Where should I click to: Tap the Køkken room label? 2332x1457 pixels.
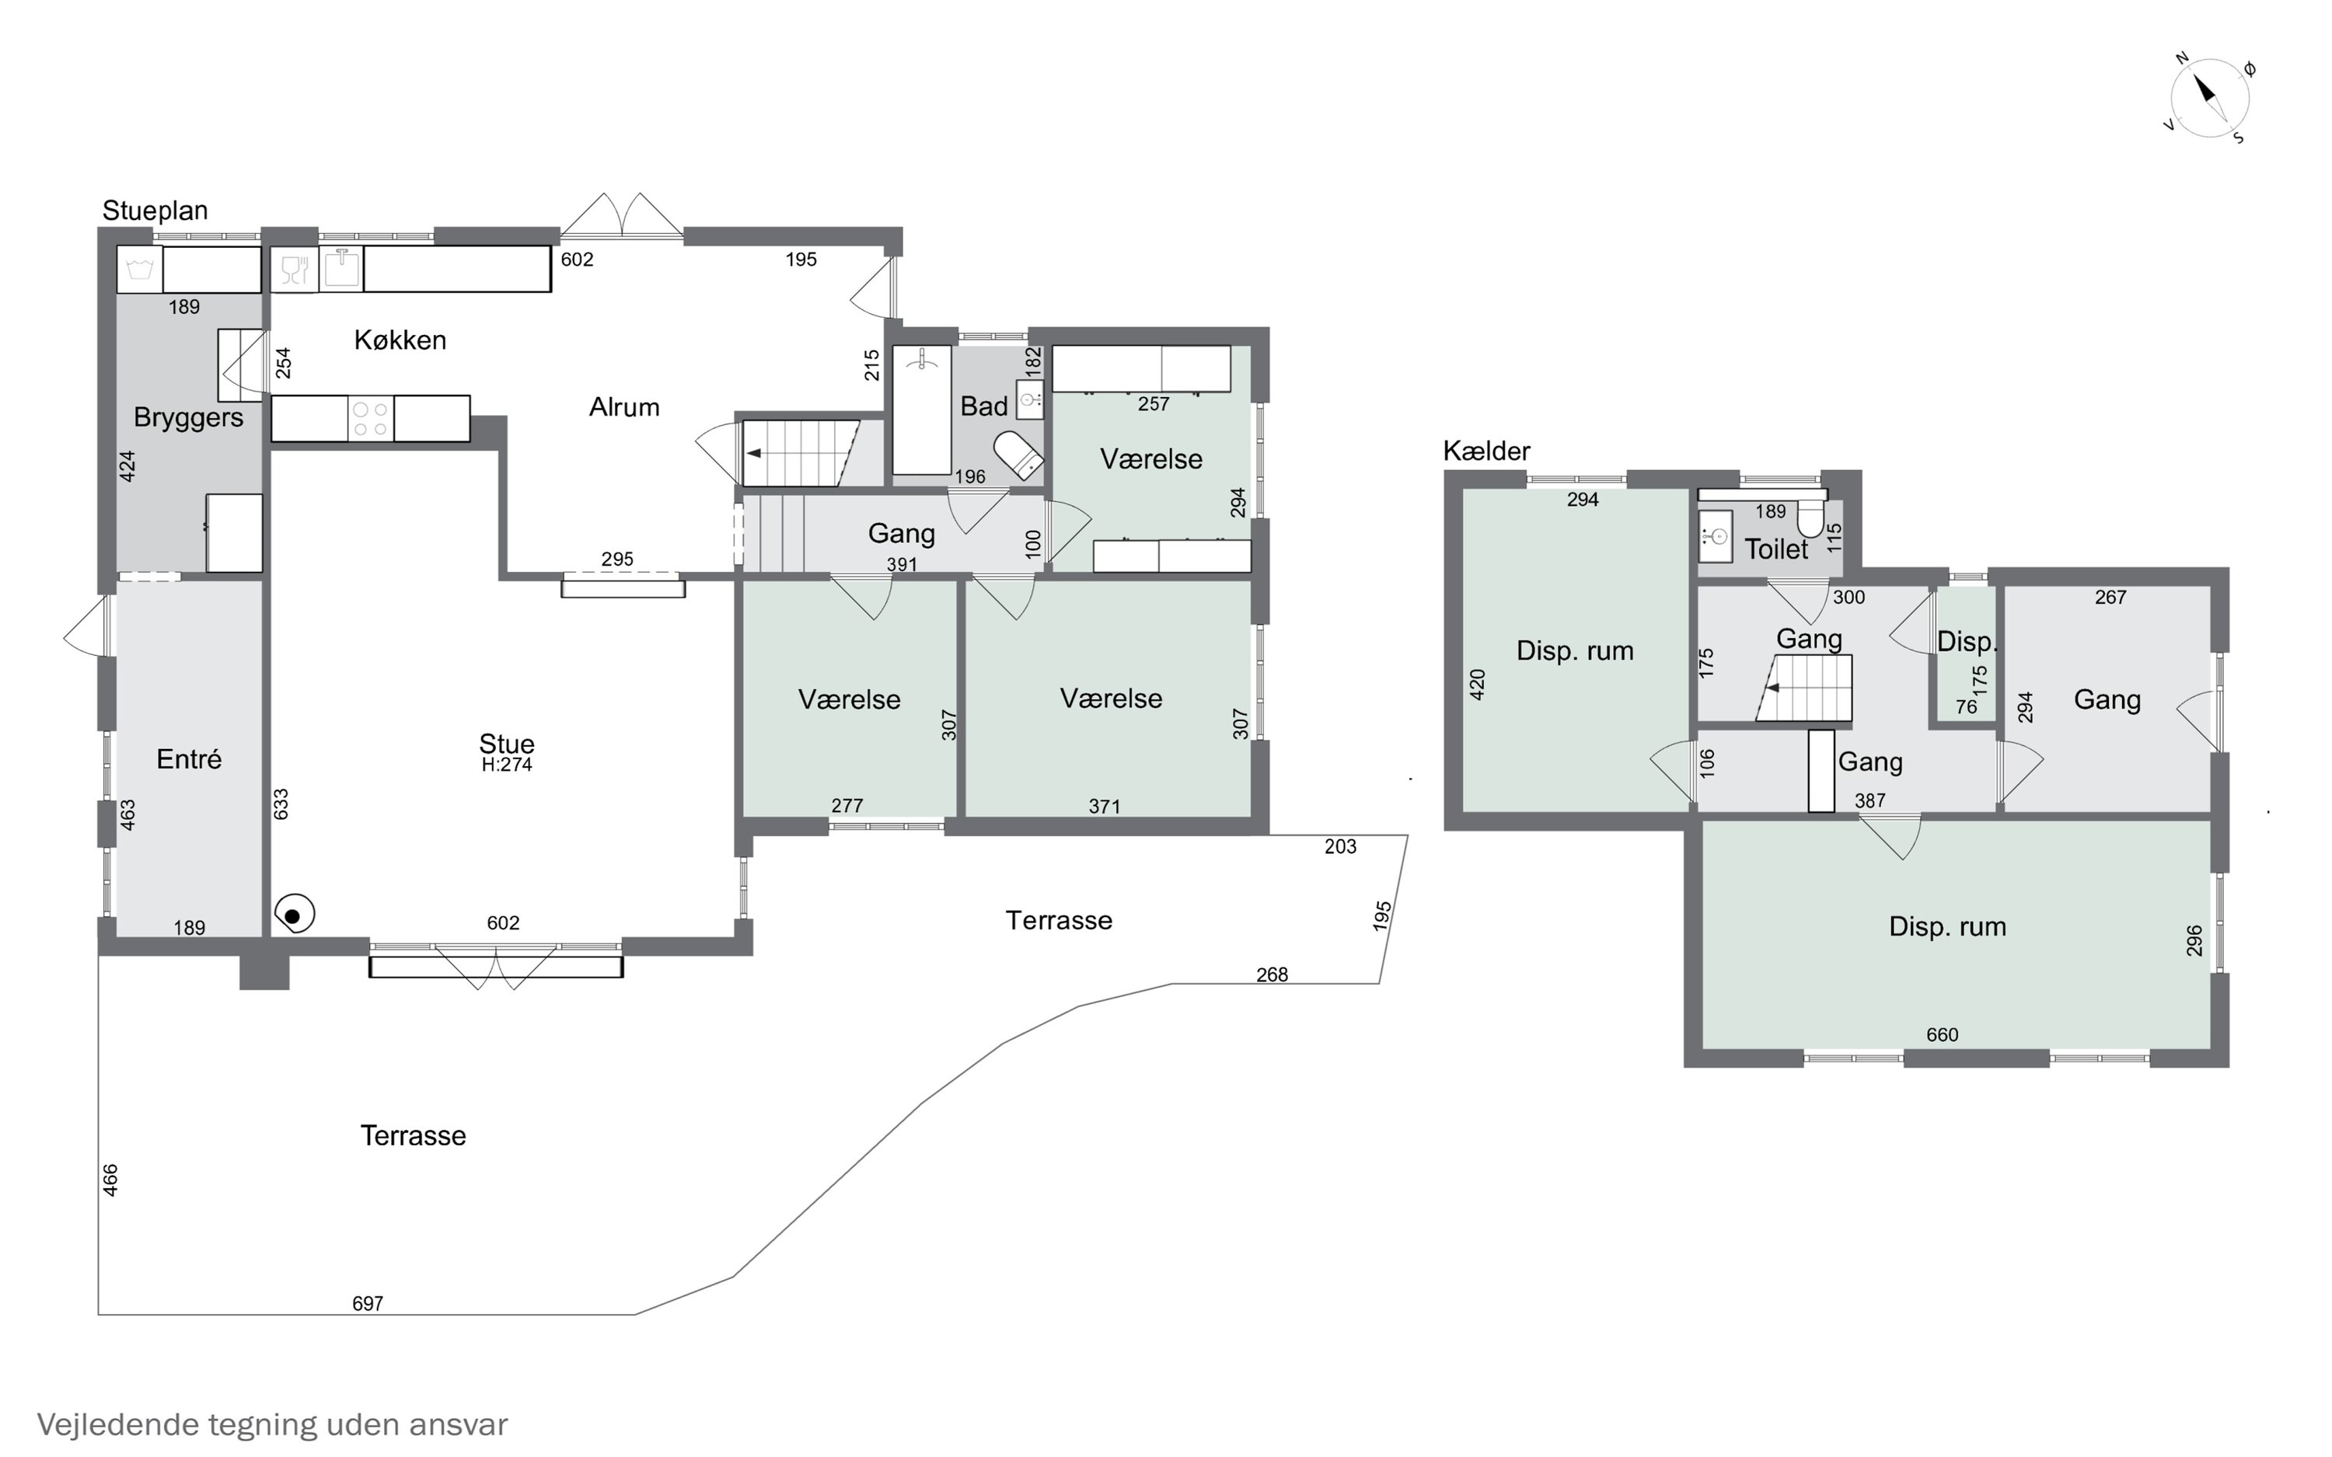(400, 340)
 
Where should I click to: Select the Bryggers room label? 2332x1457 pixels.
(189, 417)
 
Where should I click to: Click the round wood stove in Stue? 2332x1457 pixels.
(294, 915)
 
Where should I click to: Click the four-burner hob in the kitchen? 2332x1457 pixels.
(370, 419)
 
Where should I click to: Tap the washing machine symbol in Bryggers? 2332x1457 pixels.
(140, 270)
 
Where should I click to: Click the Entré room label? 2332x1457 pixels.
(189, 759)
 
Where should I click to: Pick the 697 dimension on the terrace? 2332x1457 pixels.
(367, 1304)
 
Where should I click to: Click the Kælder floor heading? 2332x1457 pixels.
(1486, 450)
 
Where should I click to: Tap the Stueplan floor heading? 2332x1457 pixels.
(155, 210)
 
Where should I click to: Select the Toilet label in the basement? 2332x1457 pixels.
(1776, 549)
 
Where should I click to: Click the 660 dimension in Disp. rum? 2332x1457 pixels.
(1942, 1035)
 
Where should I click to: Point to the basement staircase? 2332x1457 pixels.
(1804, 688)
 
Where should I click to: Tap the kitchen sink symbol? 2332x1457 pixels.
(340, 269)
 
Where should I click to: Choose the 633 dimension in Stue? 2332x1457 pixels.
(281, 804)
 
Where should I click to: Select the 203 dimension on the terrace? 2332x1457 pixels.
(1340, 846)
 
